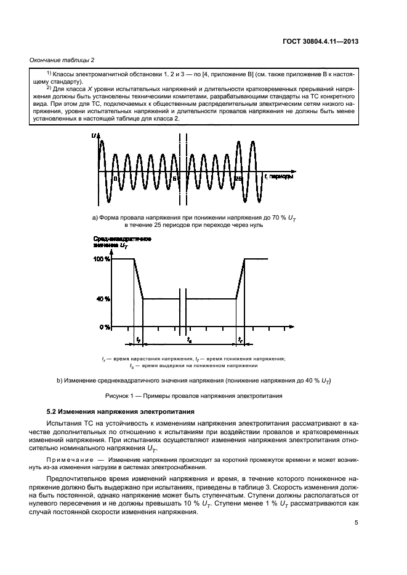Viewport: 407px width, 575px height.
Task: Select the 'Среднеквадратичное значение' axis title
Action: pyautogui.click(x=116, y=242)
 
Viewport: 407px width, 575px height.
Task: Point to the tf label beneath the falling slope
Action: pyautogui.click(x=138, y=339)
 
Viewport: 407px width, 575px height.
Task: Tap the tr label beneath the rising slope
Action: pyautogui.click(x=240, y=339)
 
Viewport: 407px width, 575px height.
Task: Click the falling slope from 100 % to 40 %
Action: pyautogui.click(x=139, y=279)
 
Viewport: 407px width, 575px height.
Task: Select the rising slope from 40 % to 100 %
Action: pyautogui.click(x=241, y=279)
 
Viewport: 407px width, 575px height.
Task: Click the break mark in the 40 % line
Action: pyautogui.click(x=183, y=299)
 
